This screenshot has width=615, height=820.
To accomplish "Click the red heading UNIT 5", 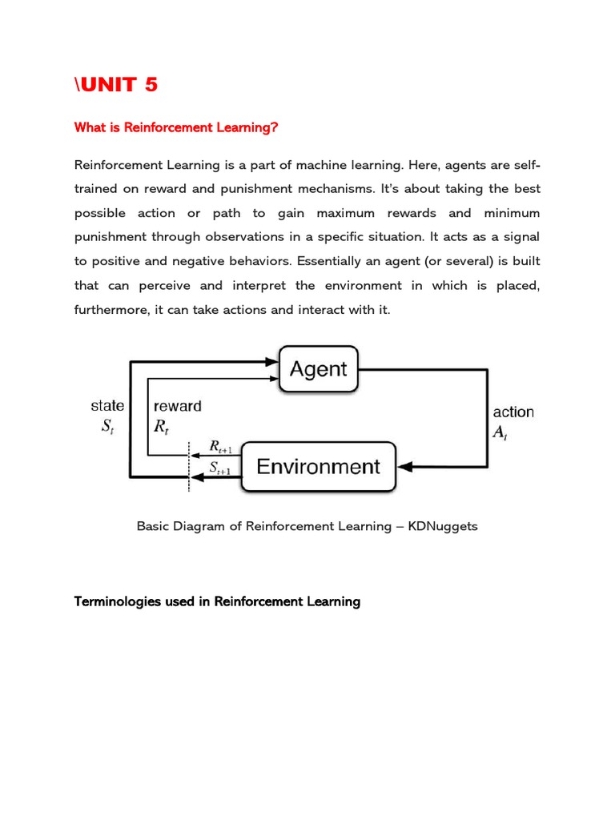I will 116,85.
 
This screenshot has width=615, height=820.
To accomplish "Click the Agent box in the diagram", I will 318,369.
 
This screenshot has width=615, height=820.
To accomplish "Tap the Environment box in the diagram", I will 318,467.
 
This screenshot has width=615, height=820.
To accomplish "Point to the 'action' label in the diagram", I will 513,412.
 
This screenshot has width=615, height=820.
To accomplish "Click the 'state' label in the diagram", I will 107,406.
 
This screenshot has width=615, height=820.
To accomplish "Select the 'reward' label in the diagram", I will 177,406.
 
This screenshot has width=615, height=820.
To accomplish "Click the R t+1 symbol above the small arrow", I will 220,446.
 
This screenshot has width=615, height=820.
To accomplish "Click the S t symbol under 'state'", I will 107,427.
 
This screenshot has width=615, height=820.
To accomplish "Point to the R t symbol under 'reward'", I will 162,427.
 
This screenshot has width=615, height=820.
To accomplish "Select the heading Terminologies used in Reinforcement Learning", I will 217,601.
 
